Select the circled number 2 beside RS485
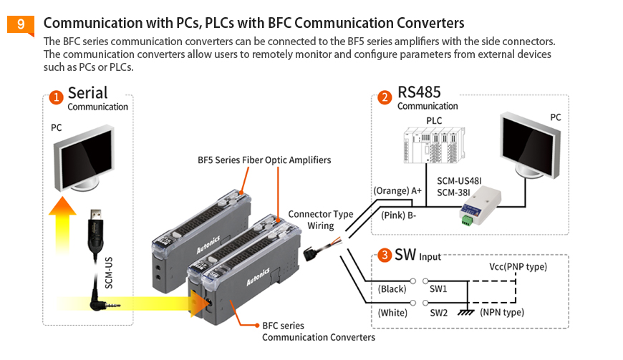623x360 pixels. pyautogui.click(x=385, y=96)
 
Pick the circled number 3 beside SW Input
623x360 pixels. pyautogui.click(x=385, y=255)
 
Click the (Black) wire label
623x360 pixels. pyautogui.click(x=392, y=289)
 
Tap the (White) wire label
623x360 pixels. pyautogui.click(x=392, y=313)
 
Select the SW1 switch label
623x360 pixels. pyautogui.click(x=438, y=289)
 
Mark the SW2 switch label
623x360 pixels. pyautogui.click(x=438, y=313)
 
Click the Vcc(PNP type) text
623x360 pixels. pyautogui.click(x=518, y=266)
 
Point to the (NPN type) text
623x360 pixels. pyautogui.click(x=501, y=313)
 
